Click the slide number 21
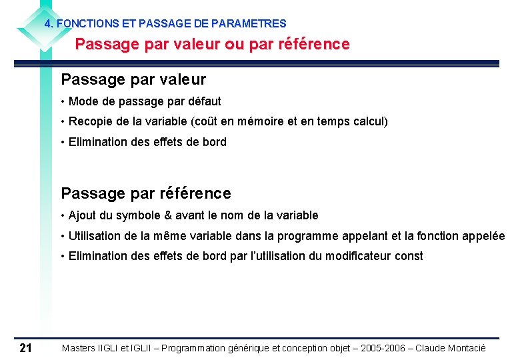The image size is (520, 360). pos(26,347)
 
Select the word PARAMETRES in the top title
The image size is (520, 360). pos(257,23)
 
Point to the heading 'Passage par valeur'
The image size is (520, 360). pos(133,79)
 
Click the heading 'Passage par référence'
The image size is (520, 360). pos(146,193)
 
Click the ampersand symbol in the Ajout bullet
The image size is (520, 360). pos(168,215)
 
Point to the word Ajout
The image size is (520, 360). pos(82,215)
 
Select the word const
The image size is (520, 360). pos(409,256)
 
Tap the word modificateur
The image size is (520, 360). pos(359,256)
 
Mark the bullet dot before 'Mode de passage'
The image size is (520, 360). pos(62,101)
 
